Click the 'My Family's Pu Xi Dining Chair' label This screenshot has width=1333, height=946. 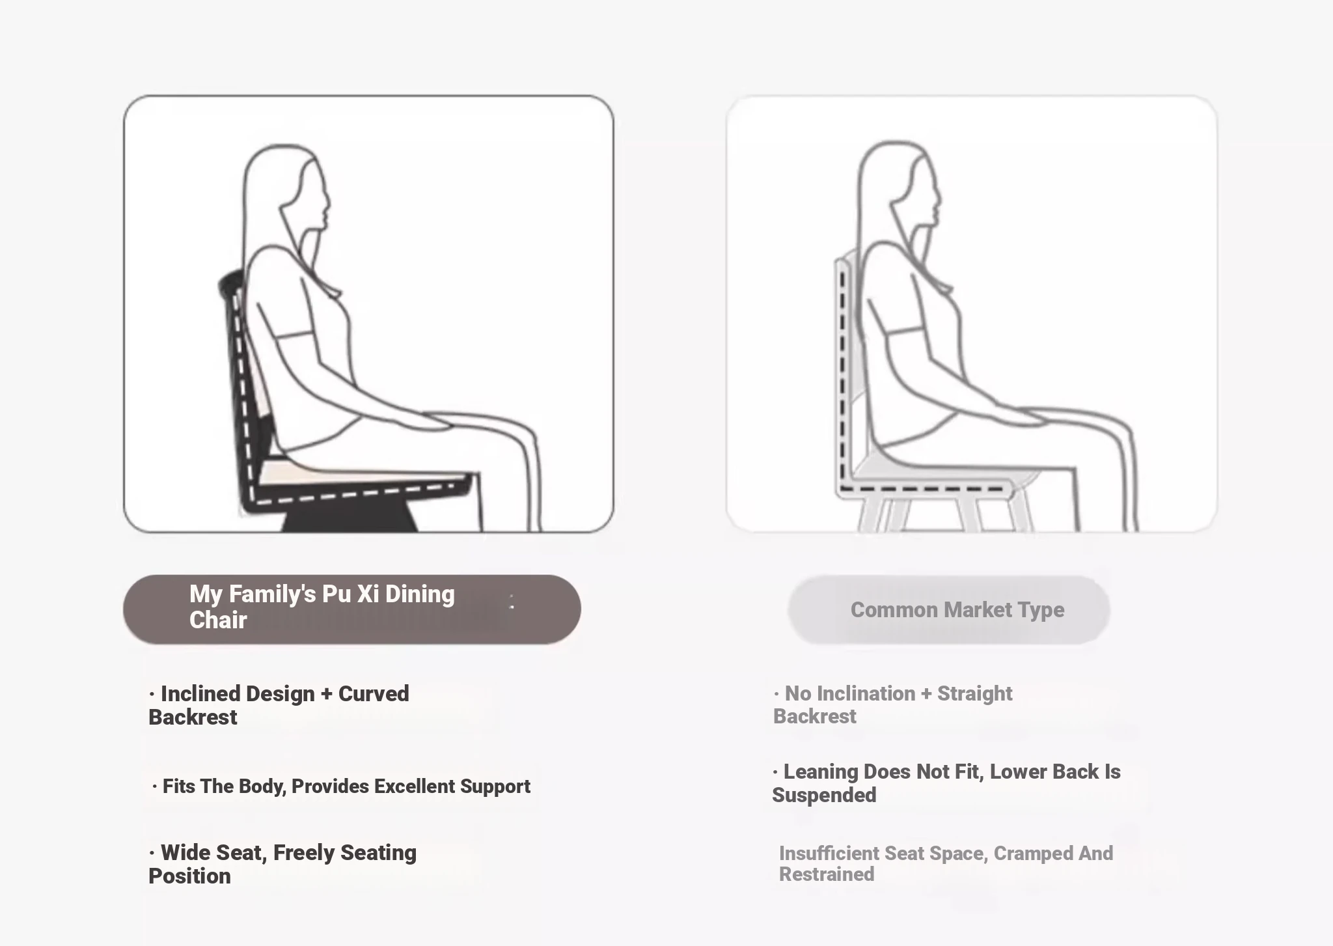(322, 607)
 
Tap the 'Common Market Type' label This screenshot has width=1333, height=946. (957, 610)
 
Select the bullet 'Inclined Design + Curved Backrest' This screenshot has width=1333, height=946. (279, 705)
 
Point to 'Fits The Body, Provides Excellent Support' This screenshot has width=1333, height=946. (341, 786)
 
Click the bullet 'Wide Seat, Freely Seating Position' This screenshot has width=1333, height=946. (282, 864)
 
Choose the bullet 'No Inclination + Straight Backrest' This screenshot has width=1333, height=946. (892, 704)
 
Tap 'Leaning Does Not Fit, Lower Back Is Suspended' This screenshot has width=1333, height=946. (946, 783)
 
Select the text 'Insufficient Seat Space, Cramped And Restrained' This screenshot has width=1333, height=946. (946, 863)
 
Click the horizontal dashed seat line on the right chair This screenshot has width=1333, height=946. (923, 488)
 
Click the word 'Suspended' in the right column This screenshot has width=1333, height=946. (824, 796)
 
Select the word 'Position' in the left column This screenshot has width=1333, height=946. (189, 876)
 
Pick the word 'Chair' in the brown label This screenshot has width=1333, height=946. (218, 620)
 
